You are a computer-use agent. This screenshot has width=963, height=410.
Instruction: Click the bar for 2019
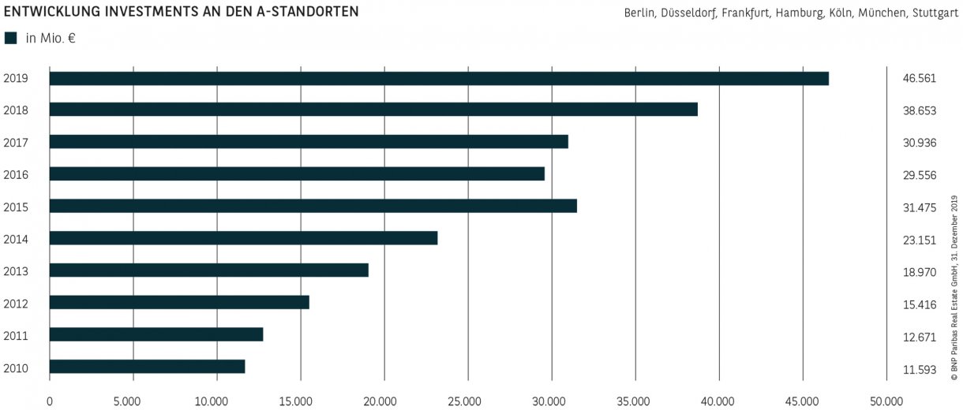click(439, 78)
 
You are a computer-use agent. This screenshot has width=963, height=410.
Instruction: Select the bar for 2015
click(313, 206)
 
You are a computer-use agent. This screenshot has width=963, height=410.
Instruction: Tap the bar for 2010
click(148, 366)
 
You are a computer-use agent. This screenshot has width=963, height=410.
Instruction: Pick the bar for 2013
click(209, 270)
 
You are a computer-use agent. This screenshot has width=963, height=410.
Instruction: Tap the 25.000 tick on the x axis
click(468, 401)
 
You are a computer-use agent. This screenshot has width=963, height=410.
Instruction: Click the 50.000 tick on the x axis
click(886, 401)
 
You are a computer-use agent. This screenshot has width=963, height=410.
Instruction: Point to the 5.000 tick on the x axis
click(133, 401)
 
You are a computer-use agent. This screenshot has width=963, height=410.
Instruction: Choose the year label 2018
click(16, 110)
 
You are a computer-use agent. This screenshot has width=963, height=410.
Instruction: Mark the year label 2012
click(16, 303)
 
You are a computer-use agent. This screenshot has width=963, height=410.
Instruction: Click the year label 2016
click(16, 174)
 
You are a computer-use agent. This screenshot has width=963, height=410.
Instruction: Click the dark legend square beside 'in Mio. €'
click(10, 37)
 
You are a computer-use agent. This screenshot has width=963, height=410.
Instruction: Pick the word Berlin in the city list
click(638, 13)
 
